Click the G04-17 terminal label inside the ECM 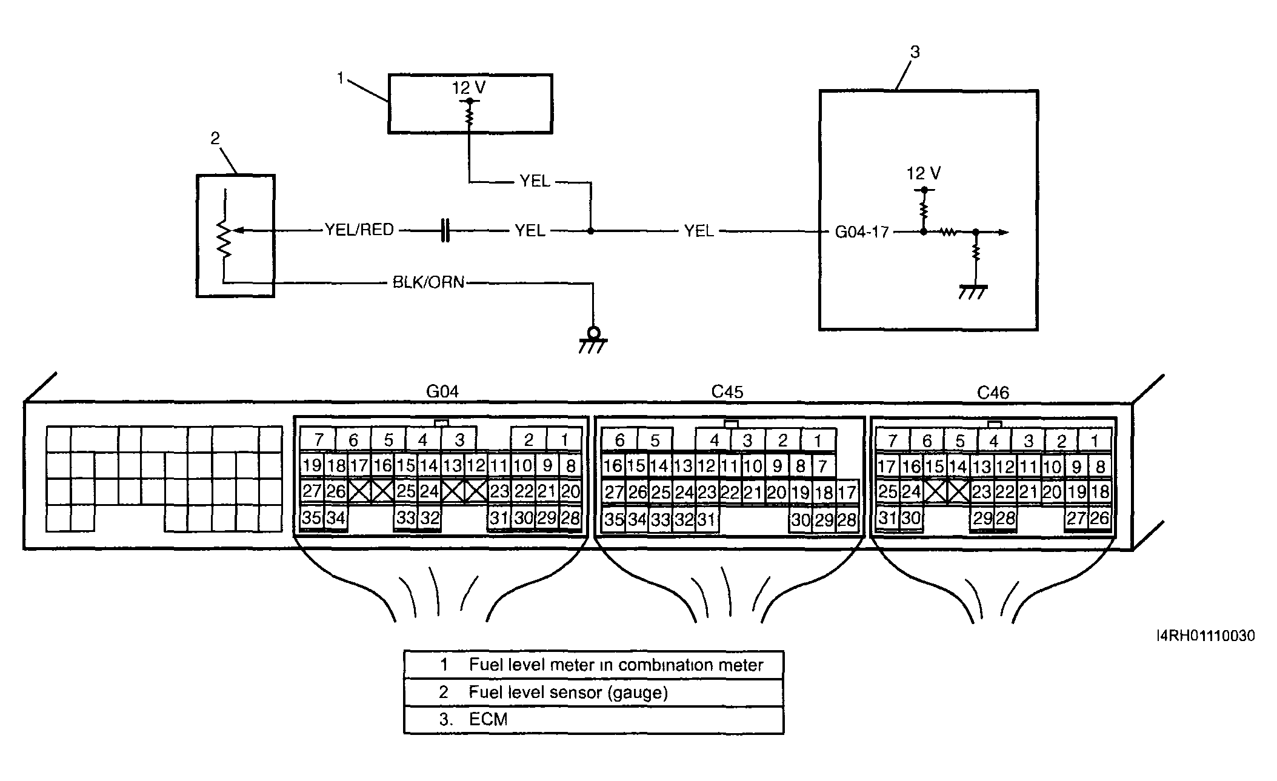pos(861,232)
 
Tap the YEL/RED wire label pos(359,230)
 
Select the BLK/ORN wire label pos(428,282)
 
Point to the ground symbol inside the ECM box pos(973,292)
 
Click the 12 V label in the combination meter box pos(468,88)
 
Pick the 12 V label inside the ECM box pos(923,174)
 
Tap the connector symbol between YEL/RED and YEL pos(445,231)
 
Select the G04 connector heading pos(442,391)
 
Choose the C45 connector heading pos(727,392)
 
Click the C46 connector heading pos(993,393)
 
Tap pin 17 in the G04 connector pos(359,465)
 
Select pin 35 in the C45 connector pos(614,520)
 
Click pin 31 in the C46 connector pos(887,518)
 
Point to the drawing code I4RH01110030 pos(1205,636)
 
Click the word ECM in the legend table pos(488,720)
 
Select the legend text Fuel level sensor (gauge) pos(568,693)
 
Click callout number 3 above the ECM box pos(915,53)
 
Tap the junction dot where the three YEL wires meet pos(590,231)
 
